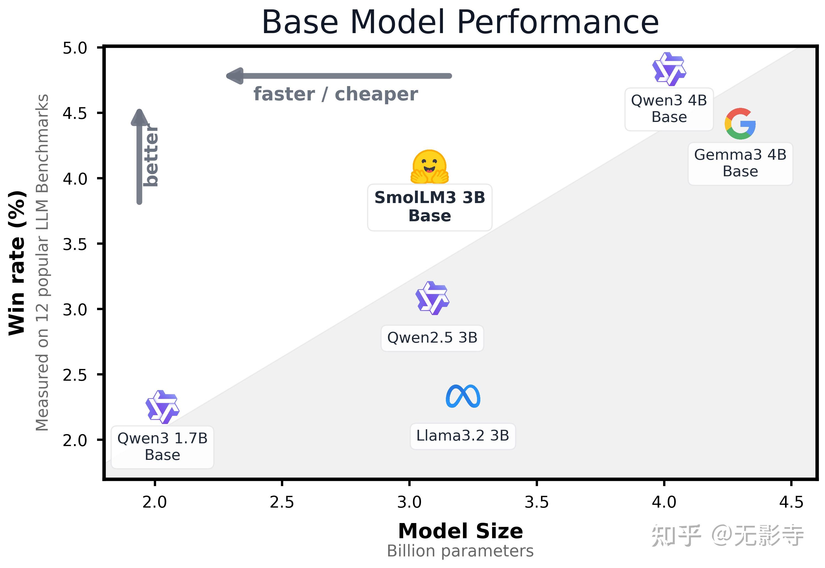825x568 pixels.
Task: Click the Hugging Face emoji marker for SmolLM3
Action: (x=429, y=167)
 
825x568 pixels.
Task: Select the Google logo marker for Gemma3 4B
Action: (x=740, y=124)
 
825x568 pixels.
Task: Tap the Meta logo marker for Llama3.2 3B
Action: (x=463, y=396)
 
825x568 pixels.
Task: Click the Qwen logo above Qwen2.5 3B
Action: (x=432, y=298)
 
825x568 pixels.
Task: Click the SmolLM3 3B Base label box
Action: (x=429, y=207)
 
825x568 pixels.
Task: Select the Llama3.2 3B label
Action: (x=462, y=436)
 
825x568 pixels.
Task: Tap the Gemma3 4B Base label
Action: (x=740, y=163)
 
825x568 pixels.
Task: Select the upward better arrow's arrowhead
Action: (x=140, y=118)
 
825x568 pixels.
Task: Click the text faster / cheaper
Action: (x=336, y=94)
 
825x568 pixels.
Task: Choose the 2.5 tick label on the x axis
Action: (x=282, y=502)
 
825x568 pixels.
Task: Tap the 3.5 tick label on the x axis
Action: (x=537, y=502)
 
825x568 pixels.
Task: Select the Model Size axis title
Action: (x=460, y=531)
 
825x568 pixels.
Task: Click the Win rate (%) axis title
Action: (x=17, y=263)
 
